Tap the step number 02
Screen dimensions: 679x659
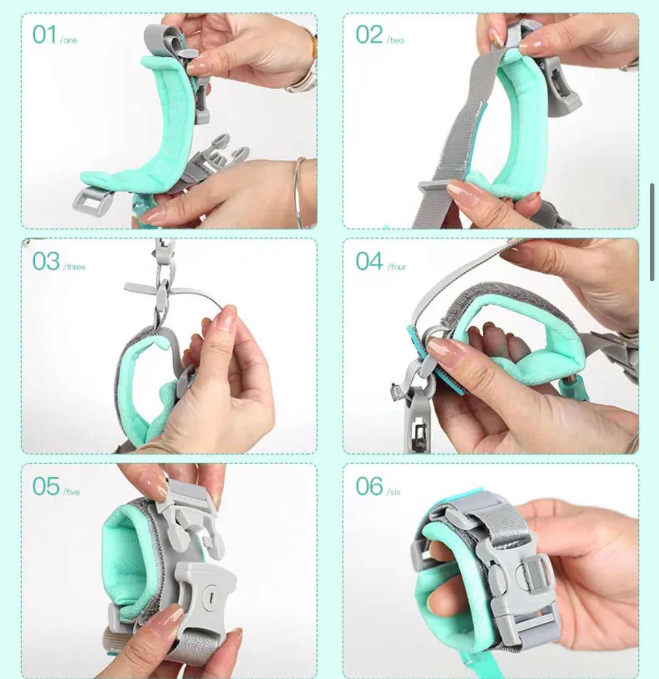pos(369,35)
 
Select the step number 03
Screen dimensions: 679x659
pos(46,261)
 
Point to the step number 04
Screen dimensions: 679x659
pos(369,261)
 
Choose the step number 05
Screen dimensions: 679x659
pos(46,486)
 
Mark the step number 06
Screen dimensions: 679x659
pos(369,486)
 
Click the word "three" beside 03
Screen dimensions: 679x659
pos(75,267)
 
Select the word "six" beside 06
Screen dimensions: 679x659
pos(394,492)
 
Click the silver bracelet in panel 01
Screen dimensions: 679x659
pos(299,191)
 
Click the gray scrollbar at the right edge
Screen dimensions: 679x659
pos(652,232)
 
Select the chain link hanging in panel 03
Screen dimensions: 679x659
pos(162,296)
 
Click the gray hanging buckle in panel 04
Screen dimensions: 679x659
pos(417,419)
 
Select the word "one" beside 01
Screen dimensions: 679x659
pos(69,41)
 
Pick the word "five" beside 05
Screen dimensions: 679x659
pos(73,492)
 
